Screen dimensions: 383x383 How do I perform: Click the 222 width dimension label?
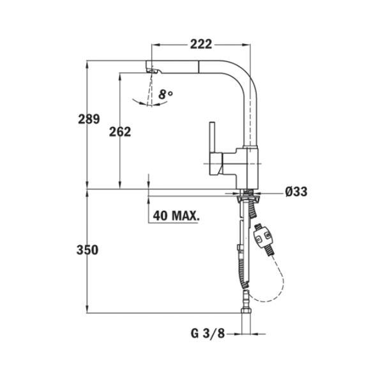coord(201,45)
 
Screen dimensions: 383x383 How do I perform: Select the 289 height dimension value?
coord(89,119)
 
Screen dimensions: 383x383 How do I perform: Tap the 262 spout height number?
coord(120,132)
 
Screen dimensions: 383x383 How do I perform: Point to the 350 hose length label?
coord(87,250)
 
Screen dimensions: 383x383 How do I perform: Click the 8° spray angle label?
coord(165,94)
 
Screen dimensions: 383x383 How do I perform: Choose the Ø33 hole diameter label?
coord(296,191)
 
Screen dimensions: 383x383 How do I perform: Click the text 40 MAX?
coord(176,216)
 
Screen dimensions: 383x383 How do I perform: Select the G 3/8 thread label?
coord(207,333)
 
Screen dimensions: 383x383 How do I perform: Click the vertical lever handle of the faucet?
coord(213,137)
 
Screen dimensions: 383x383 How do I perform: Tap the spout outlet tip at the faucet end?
coord(152,70)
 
